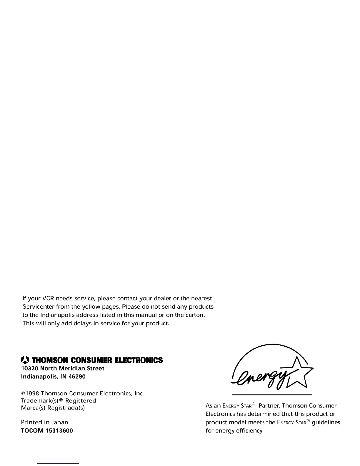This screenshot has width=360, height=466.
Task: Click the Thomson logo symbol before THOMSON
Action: [26, 360]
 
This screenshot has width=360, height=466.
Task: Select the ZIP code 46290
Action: [77, 377]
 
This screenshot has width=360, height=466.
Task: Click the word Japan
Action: [60, 422]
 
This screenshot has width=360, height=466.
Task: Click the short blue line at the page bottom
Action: [59, 463]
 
